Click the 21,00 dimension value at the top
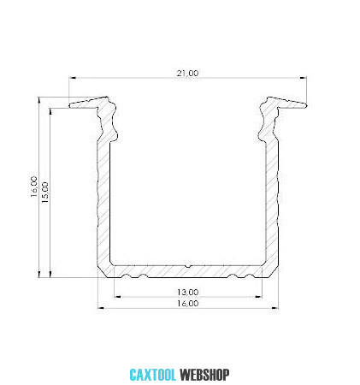tap(187, 74)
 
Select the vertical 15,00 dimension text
tap(45, 192)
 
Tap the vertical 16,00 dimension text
tap(34, 187)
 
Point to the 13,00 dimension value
tap(187, 292)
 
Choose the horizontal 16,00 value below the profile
tap(187, 303)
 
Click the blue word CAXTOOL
tap(153, 375)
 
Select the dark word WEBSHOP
tap(204, 375)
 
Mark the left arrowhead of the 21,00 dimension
tap(73, 78)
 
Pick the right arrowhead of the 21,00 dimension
tap(303, 78)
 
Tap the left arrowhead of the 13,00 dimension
tap(117, 297)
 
